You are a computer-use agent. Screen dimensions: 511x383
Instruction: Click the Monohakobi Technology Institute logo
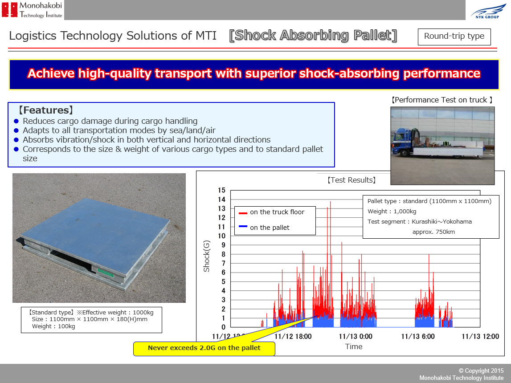click(x=32, y=10)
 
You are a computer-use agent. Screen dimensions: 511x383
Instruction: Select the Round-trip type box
click(x=454, y=37)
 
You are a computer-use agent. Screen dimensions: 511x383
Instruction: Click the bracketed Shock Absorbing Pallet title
click(x=313, y=36)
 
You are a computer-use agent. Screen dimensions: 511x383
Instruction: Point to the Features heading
click(x=45, y=110)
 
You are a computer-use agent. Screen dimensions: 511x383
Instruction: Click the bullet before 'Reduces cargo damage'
click(x=16, y=121)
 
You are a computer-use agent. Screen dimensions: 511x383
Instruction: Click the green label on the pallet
click(x=106, y=273)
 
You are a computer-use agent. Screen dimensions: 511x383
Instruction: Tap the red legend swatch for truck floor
click(x=243, y=213)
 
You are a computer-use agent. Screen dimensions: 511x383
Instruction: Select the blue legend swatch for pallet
click(x=243, y=226)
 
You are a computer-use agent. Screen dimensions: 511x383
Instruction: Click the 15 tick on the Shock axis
click(x=221, y=190)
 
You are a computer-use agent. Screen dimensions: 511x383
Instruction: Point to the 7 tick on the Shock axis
click(x=223, y=263)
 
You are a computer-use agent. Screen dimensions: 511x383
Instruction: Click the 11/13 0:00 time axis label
click(x=356, y=336)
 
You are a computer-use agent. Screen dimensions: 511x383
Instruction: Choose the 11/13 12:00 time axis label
click(x=480, y=336)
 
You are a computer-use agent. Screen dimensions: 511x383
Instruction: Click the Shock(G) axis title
click(x=206, y=256)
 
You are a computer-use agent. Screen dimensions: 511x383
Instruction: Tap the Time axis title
click(x=354, y=346)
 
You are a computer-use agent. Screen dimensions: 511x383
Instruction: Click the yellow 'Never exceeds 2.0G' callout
click(x=204, y=348)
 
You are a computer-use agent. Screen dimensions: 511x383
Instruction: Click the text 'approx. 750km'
click(x=433, y=232)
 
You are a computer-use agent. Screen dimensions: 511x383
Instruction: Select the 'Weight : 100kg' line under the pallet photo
click(x=53, y=326)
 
